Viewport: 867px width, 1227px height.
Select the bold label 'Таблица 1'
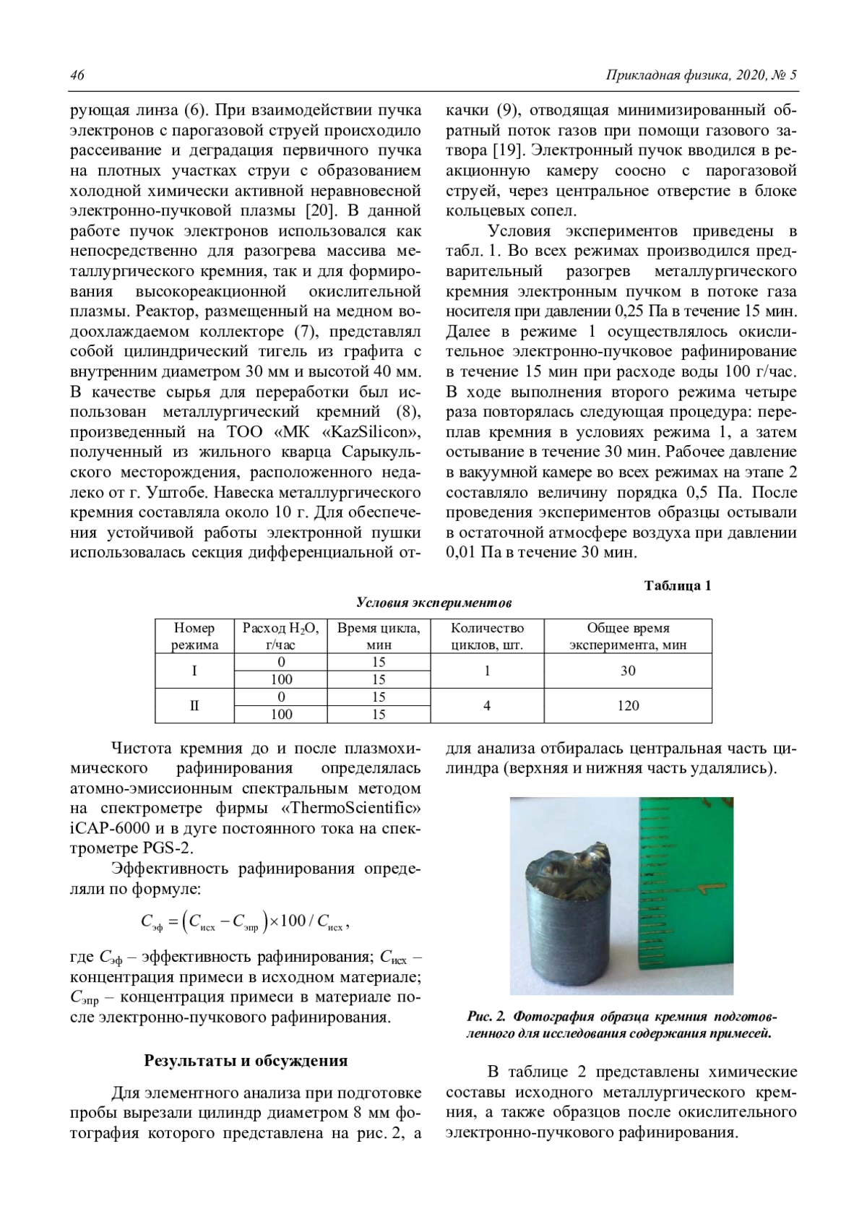point(677,585)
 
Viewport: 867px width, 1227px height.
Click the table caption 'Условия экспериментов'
point(433,603)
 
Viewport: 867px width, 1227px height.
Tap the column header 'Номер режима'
point(194,636)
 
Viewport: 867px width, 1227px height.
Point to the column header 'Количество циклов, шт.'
point(487,636)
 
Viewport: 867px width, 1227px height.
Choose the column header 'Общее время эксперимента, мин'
point(627,636)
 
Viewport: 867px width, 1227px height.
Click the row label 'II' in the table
point(194,705)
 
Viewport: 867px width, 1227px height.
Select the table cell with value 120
point(627,705)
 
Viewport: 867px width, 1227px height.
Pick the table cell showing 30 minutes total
point(627,671)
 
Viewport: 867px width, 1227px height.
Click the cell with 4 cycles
point(487,705)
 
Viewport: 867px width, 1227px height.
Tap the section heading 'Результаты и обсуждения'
point(246,1061)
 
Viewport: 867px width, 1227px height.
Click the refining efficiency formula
point(246,921)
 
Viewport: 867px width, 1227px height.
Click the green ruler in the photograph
point(686,889)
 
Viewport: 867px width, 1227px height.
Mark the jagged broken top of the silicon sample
point(571,864)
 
